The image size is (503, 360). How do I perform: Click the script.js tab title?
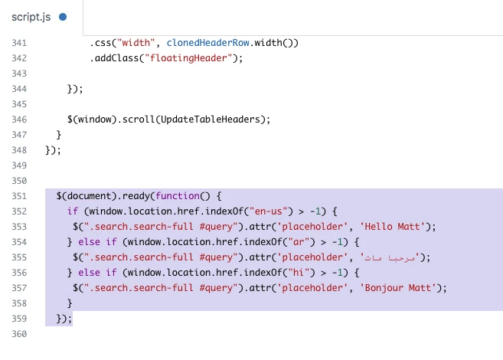click(31, 17)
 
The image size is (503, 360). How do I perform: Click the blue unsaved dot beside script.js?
click(63, 17)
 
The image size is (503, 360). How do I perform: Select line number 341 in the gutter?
click(19, 43)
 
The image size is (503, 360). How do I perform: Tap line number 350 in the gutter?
click(19, 181)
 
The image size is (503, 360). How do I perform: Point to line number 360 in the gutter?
click(19, 334)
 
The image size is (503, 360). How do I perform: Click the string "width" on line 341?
click(136, 43)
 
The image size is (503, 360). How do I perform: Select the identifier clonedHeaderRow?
click(208, 43)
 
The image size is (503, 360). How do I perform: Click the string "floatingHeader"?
click(188, 58)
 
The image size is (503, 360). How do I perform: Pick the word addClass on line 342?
click(117, 58)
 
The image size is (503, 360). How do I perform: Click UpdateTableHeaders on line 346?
click(211, 119)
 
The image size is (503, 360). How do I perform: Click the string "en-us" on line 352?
click(269, 211)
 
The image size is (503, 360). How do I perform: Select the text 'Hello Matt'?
click(392, 227)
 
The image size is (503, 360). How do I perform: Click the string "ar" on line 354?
click(299, 242)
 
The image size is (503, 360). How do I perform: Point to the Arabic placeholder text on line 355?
click(390, 257)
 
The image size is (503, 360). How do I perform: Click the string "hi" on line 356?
click(299, 273)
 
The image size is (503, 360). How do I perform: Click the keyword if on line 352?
click(73, 211)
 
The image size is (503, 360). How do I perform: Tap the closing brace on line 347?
click(58, 135)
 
